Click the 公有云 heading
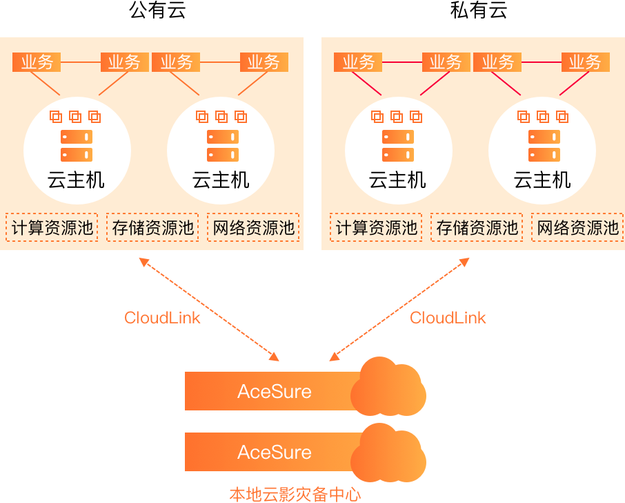(158, 11)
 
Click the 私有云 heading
(479, 11)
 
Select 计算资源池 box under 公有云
(52, 227)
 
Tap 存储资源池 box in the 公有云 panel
(152, 227)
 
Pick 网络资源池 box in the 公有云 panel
(253, 227)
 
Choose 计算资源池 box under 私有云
(377, 227)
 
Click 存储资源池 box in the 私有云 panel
(477, 227)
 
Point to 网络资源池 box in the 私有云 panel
(577, 227)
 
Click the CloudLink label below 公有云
(162, 318)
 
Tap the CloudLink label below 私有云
(448, 318)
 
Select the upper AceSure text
(275, 392)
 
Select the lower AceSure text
(275, 453)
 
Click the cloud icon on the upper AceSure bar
(388, 388)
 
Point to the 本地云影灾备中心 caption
(295, 494)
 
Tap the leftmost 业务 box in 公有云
(37, 62)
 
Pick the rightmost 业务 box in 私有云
(585, 62)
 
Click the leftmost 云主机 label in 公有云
(77, 181)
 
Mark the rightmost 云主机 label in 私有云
(542, 181)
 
